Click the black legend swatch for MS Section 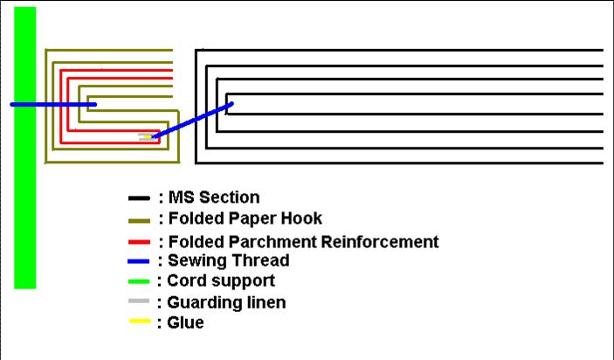(138, 198)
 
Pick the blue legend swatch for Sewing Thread (138, 260)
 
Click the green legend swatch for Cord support (138, 281)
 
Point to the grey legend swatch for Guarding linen (138, 302)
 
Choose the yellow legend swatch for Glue (138, 322)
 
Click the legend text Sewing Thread (228, 260)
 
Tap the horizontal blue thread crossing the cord (52, 104)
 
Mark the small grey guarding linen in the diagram (144, 137)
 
